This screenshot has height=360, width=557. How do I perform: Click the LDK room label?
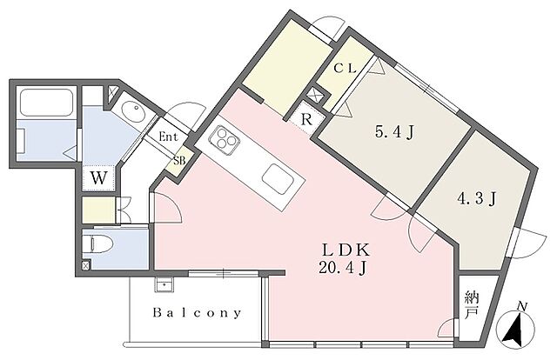[x=344, y=248]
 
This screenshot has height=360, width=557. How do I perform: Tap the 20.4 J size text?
[x=344, y=266]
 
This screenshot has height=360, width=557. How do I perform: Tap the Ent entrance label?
[x=169, y=136]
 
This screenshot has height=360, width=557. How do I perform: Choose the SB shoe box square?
[x=179, y=161]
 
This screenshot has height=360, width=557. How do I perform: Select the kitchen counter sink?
[x=277, y=179]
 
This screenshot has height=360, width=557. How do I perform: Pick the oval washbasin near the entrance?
[x=133, y=112]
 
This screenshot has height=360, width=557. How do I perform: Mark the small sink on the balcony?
[x=163, y=284]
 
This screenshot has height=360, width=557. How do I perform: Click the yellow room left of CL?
[x=280, y=62]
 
